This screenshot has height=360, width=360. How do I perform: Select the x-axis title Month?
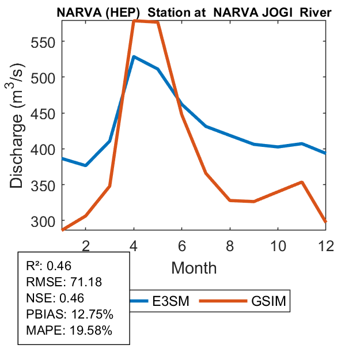click(194, 267)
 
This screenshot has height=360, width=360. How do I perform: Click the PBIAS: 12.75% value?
click(70, 314)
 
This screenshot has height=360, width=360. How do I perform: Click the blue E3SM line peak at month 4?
click(134, 56)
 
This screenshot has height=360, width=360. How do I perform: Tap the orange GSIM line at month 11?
click(302, 182)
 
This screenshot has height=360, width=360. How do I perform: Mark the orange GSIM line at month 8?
click(230, 200)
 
